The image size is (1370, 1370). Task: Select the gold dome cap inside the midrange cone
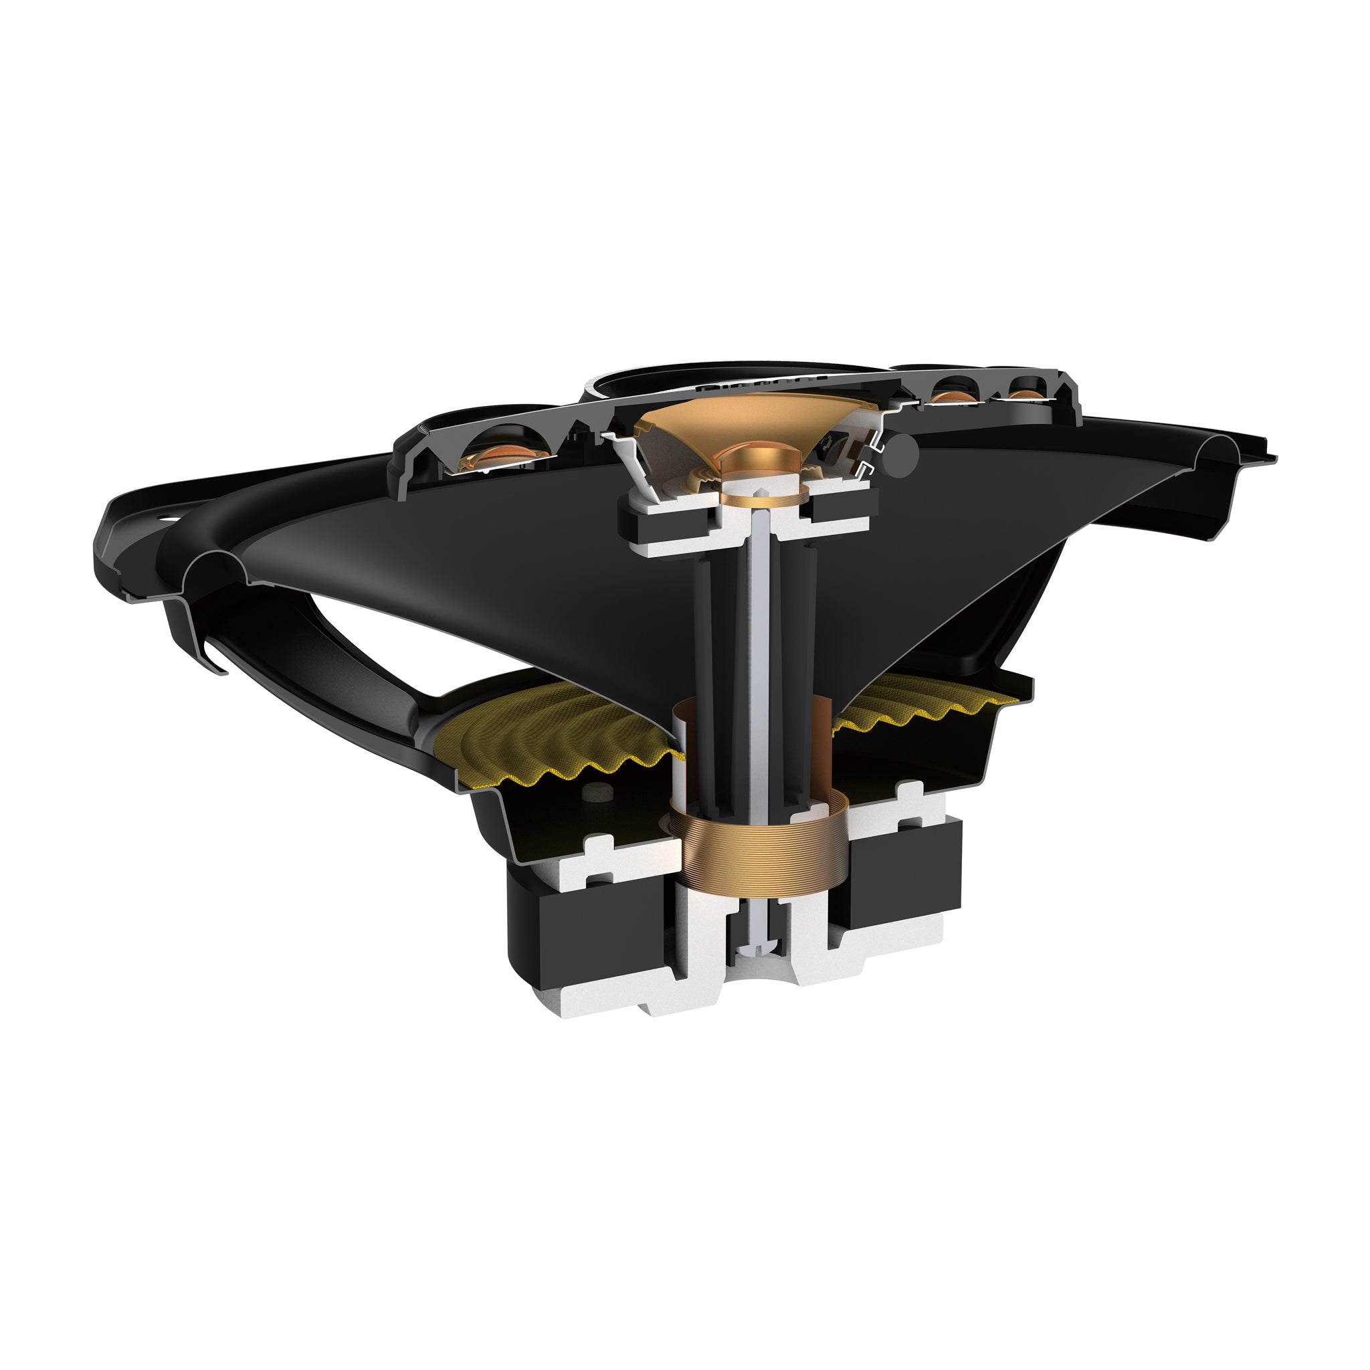(754, 460)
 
